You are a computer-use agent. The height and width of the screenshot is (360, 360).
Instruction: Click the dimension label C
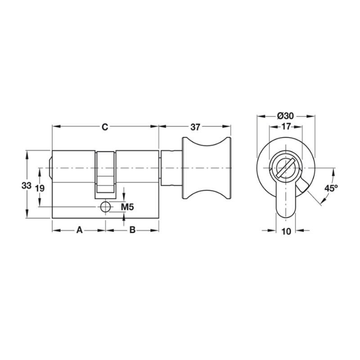coord(105,127)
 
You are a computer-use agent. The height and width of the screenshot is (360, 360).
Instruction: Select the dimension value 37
coord(195,127)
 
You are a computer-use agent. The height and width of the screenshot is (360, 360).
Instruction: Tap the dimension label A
coord(79,229)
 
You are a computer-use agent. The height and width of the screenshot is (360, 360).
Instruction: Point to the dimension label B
coord(132,229)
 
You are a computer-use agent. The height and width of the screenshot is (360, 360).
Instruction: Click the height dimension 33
coord(27,185)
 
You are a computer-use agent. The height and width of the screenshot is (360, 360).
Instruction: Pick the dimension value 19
coord(40,189)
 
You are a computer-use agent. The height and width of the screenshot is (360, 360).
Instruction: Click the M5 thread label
coord(127,207)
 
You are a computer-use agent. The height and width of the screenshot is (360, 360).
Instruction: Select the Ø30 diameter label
coord(285,116)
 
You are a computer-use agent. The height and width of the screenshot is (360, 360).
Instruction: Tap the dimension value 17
coord(286,126)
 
